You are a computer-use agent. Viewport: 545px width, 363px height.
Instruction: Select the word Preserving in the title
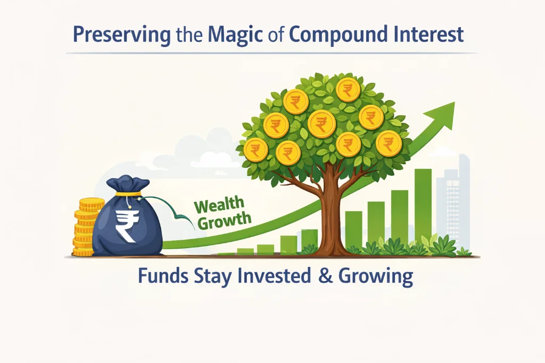click(x=121, y=35)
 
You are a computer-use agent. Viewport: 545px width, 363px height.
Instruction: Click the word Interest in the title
click(x=429, y=35)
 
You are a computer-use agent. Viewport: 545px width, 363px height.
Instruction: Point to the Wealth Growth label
click(x=220, y=213)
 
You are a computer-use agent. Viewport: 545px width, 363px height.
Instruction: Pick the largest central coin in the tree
click(x=321, y=124)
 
